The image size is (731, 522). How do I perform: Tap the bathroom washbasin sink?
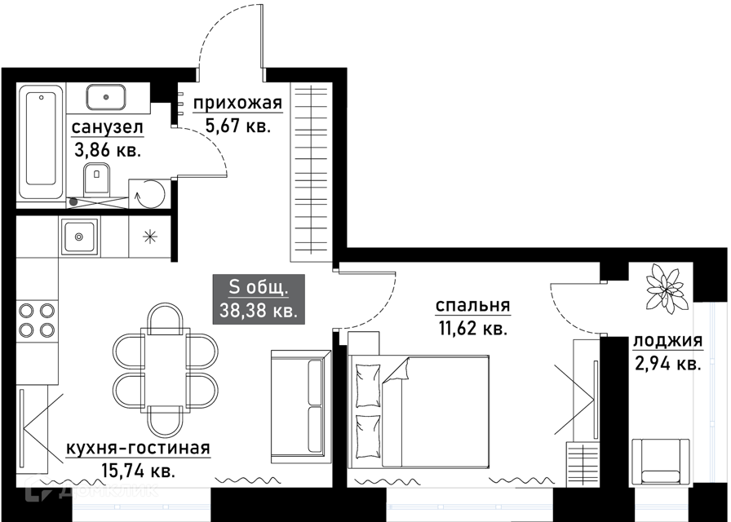[x=106, y=97]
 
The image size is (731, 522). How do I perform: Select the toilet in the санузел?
[x=97, y=179]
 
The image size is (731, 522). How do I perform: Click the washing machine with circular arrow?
[x=149, y=193]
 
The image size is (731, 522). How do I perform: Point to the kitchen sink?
[x=79, y=237]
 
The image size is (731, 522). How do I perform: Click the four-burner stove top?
[x=37, y=321]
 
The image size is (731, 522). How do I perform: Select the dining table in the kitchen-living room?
[x=165, y=370]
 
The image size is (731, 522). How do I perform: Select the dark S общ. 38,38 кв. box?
[x=259, y=299]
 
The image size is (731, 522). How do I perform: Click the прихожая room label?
[x=238, y=103]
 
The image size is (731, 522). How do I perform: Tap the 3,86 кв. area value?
[x=107, y=150]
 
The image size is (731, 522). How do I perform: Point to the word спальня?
[x=472, y=306]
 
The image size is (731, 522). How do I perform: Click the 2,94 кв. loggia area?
[x=667, y=363]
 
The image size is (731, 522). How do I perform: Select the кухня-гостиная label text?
[x=138, y=448]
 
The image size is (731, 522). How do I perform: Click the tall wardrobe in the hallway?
[x=312, y=171]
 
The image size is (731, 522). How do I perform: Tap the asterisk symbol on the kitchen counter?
[x=149, y=237]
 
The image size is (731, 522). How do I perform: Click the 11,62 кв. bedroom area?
[x=472, y=329]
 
